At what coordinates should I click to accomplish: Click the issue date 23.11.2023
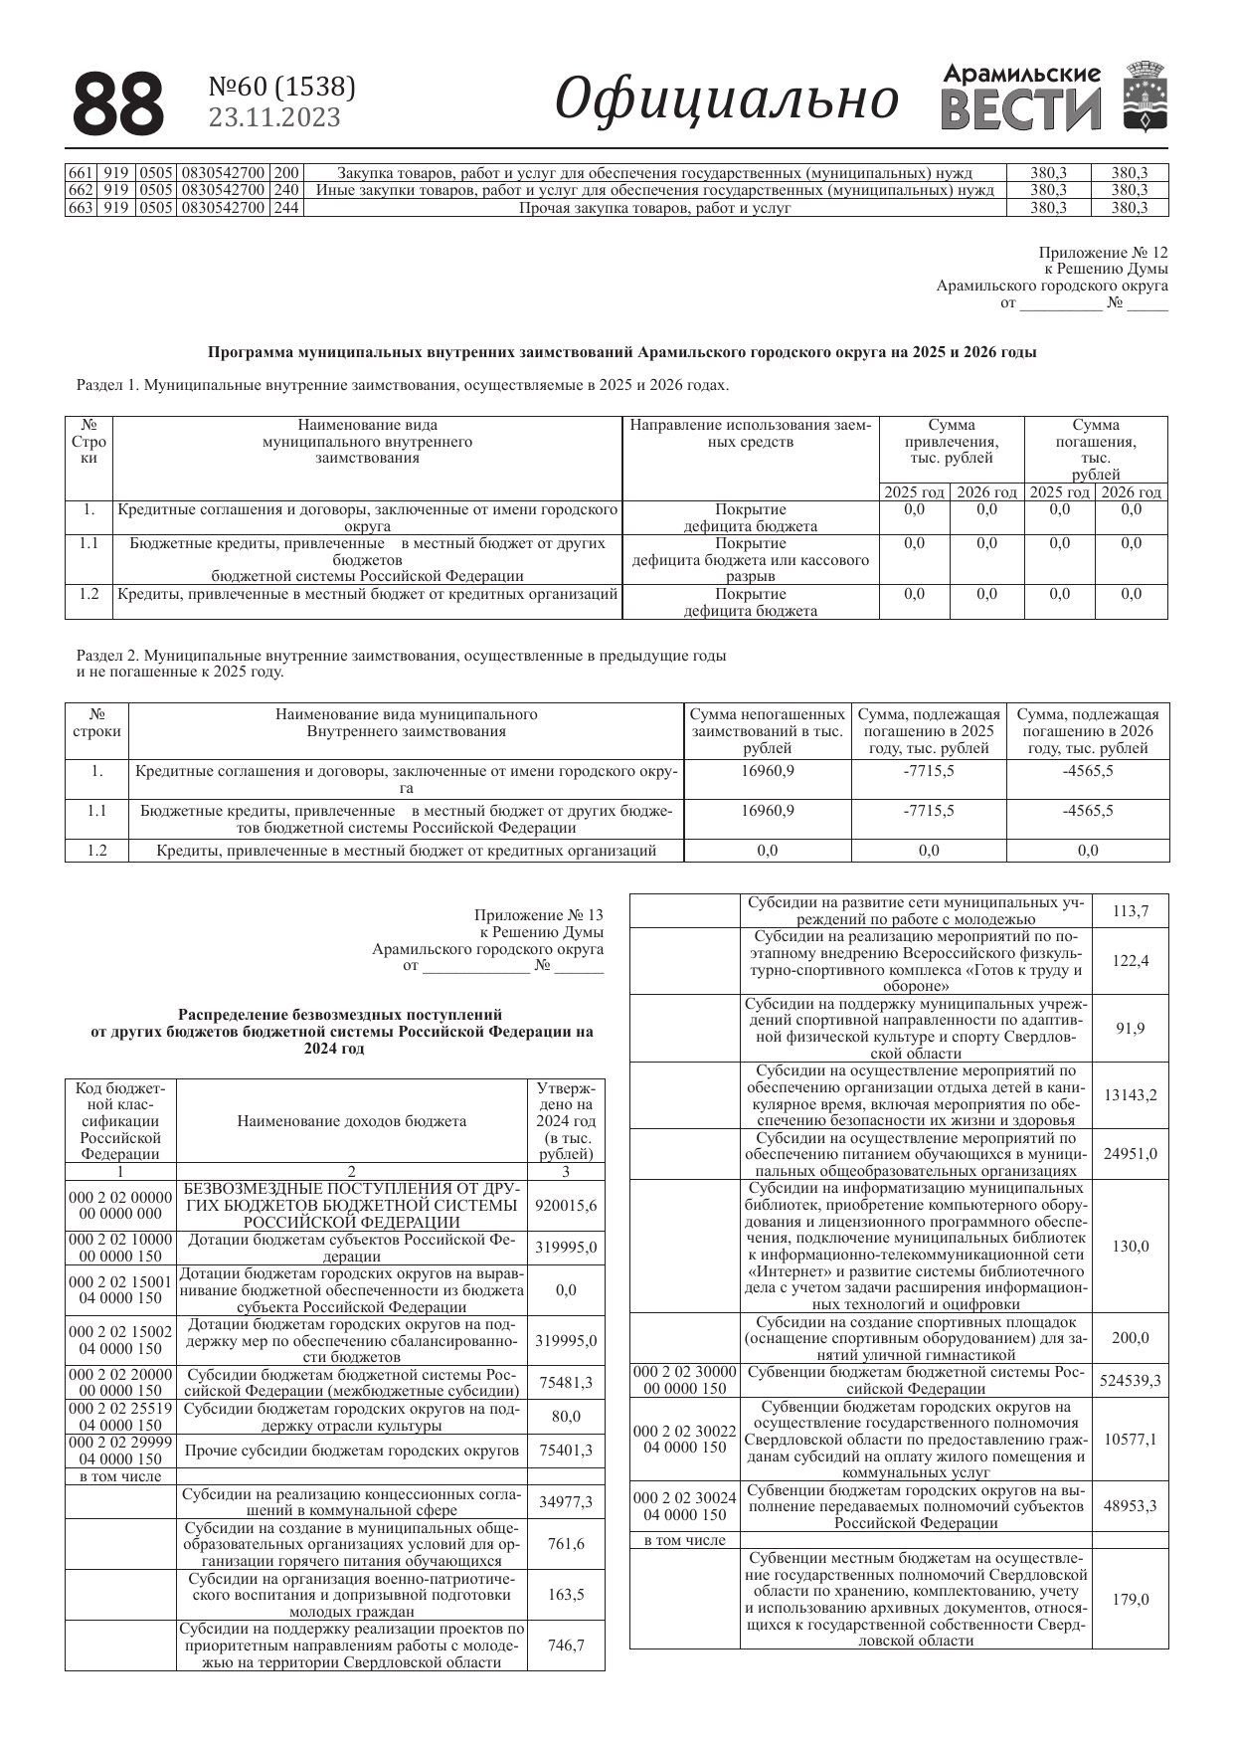click(x=274, y=118)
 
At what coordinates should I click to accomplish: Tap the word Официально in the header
click(x=726, y=99)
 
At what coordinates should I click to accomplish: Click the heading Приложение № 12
click(x=1104, y=253)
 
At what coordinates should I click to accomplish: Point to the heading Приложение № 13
click(x=539, y=915)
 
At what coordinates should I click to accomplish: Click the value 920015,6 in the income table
click(x=566, y=1205)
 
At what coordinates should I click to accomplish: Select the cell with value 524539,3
click(x=1130, y=1380)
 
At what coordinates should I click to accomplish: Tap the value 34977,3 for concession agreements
click(x=566, y=1501)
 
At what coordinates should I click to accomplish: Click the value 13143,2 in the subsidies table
click(x=1130, y=1094)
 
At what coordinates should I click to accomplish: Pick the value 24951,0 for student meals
click(x=1130, y=1154)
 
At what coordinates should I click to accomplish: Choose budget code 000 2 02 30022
click(x=684, y=1439)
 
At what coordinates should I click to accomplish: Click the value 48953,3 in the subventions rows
click(x=1130, y=1505)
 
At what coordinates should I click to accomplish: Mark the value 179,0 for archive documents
click(x=1130, y=1599)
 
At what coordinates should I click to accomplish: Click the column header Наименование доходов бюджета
click(x=351, y=1121)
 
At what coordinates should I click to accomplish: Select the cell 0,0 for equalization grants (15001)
click(x=566, y=1289)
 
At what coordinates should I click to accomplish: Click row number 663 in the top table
click(x=80, y=208)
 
